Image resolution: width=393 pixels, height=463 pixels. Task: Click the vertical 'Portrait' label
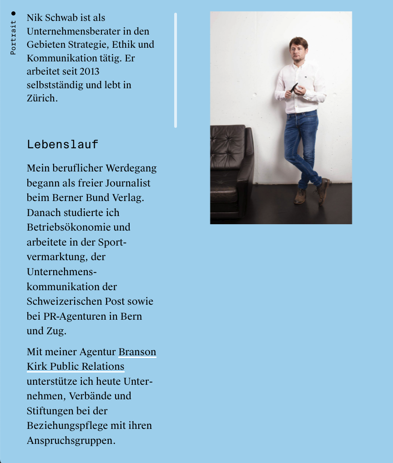(13, 37)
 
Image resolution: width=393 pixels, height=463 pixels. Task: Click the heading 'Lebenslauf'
(63, 145)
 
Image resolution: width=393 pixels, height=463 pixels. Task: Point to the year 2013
(89, 71)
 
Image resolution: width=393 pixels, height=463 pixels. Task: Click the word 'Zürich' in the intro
(41, 98)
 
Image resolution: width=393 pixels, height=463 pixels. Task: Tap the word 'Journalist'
(127, 183)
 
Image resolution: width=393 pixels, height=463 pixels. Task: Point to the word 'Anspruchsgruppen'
(70, 440)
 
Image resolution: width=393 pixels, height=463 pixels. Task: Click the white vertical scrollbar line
(176, 70)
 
